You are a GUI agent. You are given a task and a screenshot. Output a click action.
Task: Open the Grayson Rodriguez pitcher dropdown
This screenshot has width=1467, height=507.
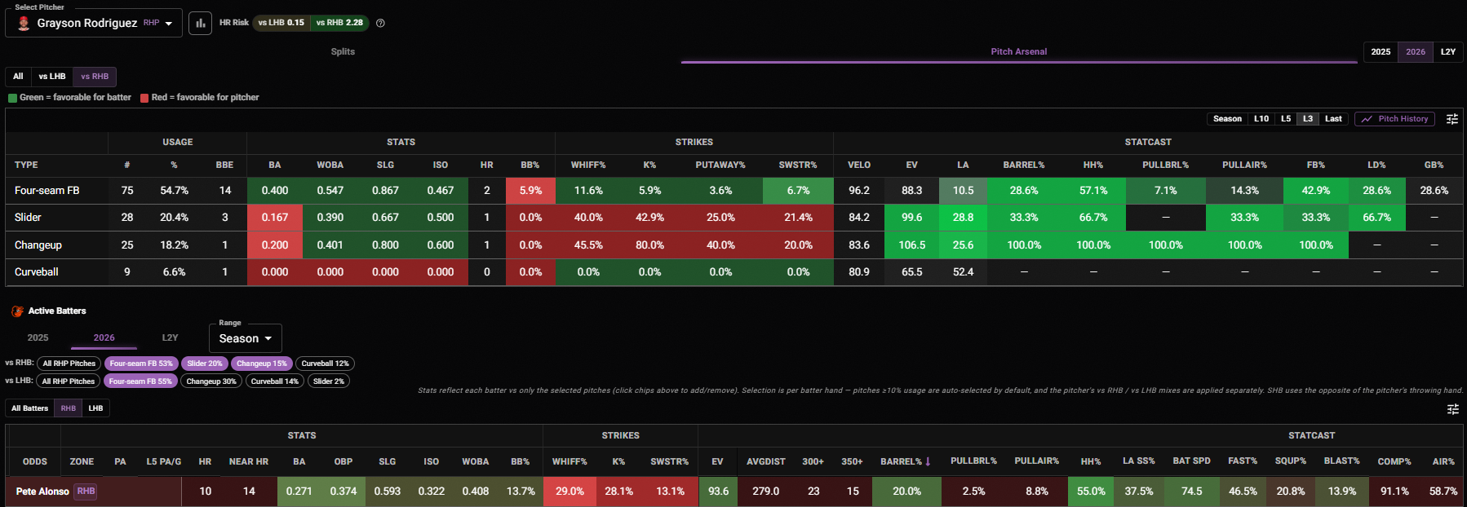(94, 23)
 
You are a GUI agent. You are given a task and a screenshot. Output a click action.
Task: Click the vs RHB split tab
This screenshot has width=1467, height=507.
(95, 77)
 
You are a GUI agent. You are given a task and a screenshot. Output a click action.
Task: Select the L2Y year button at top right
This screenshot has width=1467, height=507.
(1447, 52)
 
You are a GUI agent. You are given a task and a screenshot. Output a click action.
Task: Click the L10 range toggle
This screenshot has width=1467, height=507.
(1261, 119)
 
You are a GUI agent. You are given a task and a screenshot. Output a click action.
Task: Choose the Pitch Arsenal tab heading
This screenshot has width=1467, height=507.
(1018, 51)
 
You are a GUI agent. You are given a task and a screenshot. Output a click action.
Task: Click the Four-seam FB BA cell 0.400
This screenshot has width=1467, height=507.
(275, 191)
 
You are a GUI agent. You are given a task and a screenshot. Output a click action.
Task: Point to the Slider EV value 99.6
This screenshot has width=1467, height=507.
(911, 218)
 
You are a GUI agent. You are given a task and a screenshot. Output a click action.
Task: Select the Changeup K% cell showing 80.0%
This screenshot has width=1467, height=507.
(649, 245)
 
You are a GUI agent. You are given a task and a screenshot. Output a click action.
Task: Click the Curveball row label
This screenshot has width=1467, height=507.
(37, 272)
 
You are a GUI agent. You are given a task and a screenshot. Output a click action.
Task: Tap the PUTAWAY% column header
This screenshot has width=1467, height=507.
(720, 165)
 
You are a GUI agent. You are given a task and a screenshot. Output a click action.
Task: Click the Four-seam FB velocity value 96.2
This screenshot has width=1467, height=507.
(859, 191)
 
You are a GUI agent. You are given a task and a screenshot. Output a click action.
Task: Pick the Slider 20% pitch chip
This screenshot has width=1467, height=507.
(204, 364)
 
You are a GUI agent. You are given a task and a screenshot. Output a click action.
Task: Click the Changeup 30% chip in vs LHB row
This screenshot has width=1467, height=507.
(211, 381)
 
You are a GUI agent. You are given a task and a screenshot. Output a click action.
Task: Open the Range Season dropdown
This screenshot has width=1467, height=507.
(246, 338)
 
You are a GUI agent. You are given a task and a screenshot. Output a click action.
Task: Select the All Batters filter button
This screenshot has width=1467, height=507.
(30, 408)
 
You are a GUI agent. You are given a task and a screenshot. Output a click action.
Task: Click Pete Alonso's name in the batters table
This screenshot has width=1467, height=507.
(42, 492)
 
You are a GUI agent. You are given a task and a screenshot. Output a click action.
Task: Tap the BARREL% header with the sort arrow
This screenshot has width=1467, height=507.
(906, 461)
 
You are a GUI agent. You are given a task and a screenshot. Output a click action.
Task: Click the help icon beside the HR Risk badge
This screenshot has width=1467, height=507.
(380, 23)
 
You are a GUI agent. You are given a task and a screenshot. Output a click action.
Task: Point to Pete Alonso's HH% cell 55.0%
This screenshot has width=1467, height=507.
(1091, 492)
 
